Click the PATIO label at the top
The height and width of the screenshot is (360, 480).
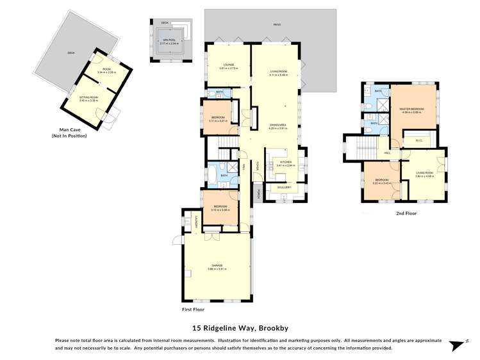pyautogui.click(x=277, y=25)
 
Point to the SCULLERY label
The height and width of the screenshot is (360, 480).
pyautogui.click(x=284, y=187)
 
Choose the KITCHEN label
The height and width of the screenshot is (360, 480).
pyautogui.click(x=284, y=163)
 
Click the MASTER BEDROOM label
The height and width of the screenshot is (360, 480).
pyautogui.click(x=413, y=110)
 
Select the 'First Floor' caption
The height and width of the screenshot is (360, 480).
pyautogui.click(x=195, y=309)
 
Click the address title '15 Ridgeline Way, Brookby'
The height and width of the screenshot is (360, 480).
pyautogui.click(x=239, y=328)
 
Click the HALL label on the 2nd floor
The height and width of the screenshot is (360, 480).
pyautogui.click(x=388, y=153)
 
